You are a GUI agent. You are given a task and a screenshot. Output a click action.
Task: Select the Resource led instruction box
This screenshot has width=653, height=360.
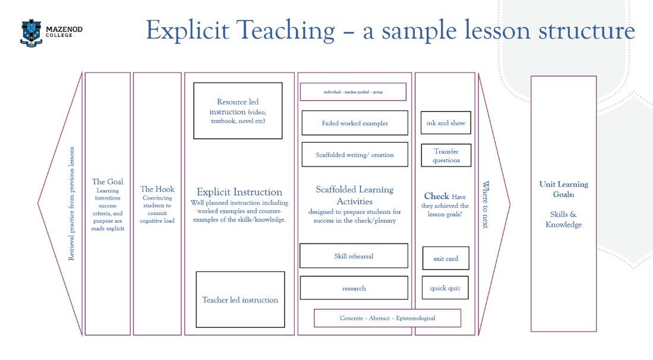[x=238, y=111]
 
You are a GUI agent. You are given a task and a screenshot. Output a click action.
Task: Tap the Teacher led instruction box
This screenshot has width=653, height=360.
[x=240, y=299]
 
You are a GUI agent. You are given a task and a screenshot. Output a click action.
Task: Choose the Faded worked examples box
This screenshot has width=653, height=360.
[x=355, y=123]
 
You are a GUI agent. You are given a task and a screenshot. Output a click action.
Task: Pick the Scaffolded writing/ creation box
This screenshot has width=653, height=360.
[x=355, y=154]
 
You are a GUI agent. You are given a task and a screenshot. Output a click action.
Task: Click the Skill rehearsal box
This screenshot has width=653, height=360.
[x=354, y=256]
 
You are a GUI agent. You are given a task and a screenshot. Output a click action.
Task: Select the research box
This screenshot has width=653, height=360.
[x=354, y=288]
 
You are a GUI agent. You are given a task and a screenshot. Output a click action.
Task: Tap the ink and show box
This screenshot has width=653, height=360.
[x=446, y=123]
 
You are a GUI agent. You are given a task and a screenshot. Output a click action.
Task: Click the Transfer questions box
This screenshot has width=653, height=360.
[x=446, y=155]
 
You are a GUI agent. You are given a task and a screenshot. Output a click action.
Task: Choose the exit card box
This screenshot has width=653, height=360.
[x=446, y=258]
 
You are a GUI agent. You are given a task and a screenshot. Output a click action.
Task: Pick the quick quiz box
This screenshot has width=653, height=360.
[x=445, y=288]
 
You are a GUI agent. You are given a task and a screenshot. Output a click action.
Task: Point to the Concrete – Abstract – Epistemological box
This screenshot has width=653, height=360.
[x=387, y=318]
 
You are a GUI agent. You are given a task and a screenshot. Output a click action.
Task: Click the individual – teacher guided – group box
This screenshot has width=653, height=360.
[x=353, y=92]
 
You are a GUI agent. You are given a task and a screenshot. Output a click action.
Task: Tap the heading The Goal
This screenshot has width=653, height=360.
[x=108, y=182]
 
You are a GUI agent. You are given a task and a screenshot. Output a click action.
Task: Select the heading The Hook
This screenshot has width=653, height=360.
[x=157, y=189]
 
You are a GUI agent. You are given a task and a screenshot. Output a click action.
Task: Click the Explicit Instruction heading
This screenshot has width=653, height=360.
[x=239, y=192]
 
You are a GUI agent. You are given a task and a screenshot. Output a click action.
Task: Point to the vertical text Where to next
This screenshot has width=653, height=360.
[x=485, y=206]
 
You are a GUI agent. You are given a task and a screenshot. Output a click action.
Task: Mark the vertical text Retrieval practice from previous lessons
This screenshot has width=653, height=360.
[x=72, y=204]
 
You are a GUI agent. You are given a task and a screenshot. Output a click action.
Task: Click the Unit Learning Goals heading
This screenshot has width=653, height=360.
[x=563, y=189]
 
